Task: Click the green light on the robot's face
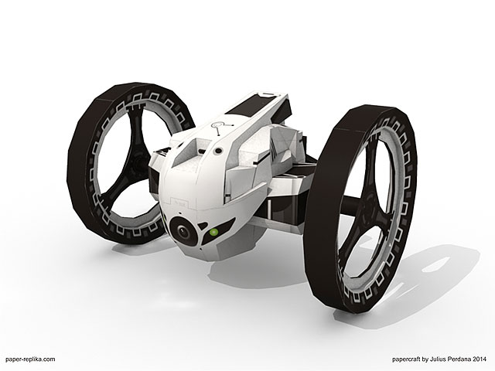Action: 214,233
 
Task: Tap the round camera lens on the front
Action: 183,232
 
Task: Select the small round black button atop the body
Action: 218,151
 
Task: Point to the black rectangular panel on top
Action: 249,105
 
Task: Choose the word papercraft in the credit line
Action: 406,359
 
